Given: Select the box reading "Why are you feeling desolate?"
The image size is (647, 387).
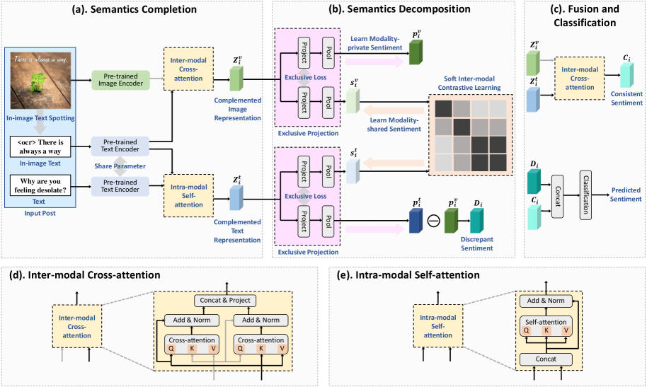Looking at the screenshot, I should click(x=42, y=187).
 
